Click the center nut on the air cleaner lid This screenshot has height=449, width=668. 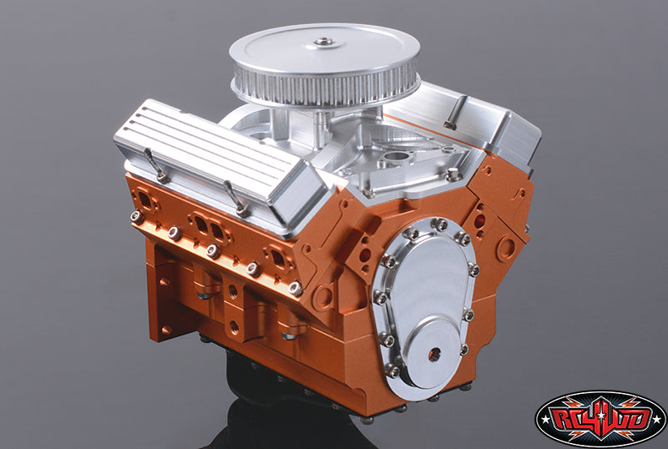pos(323,42)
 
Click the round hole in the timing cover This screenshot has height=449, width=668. pos(433,354)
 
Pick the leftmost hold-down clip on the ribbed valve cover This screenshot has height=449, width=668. pos(154,164)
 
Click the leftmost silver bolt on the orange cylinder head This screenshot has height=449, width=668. pos(134,216)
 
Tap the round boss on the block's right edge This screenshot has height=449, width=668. pos(507,248)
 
